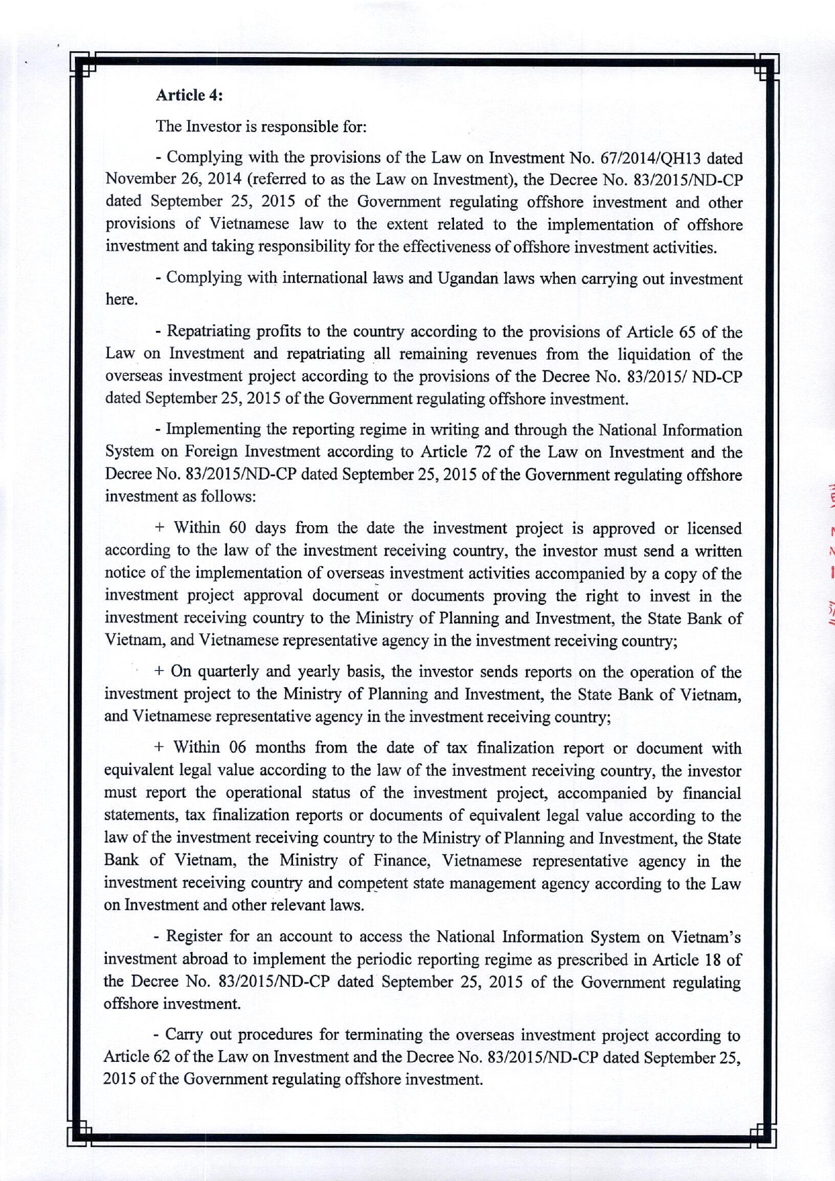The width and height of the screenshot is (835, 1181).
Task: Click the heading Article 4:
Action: pos(189,95)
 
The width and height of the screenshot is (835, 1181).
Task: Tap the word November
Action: pos(139,180)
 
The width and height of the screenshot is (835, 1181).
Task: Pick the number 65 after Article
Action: pos(687,332)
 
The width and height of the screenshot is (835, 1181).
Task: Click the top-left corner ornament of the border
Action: pos(83,66)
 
